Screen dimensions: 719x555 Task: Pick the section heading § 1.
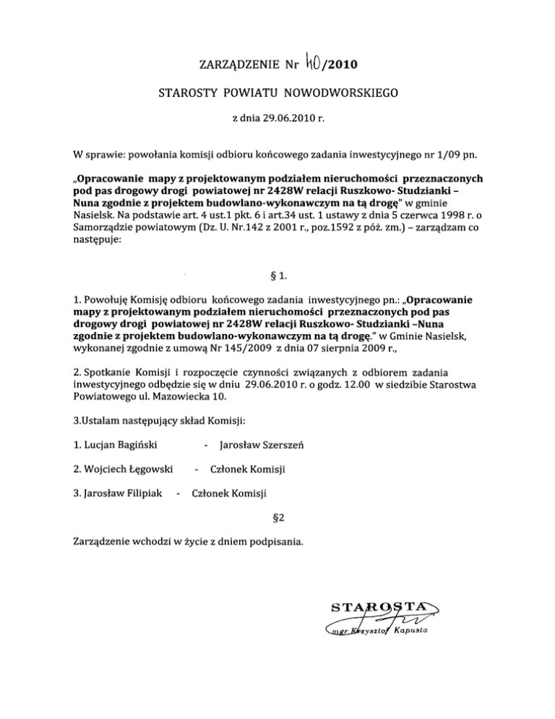(277, 272)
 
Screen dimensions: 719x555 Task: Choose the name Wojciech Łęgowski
(123, 469)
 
